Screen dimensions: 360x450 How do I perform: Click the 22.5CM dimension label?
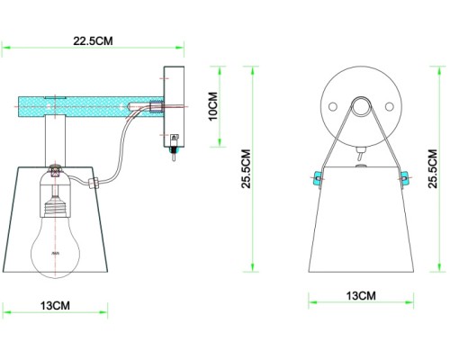point(94,40)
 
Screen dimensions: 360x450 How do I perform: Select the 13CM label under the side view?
point(55,306)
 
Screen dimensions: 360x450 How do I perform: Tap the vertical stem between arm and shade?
point(56,140)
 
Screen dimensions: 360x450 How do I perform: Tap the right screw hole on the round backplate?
point(388,107)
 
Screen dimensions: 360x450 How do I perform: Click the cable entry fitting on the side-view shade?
point(93,182)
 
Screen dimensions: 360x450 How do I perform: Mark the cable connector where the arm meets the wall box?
point(153,106)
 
